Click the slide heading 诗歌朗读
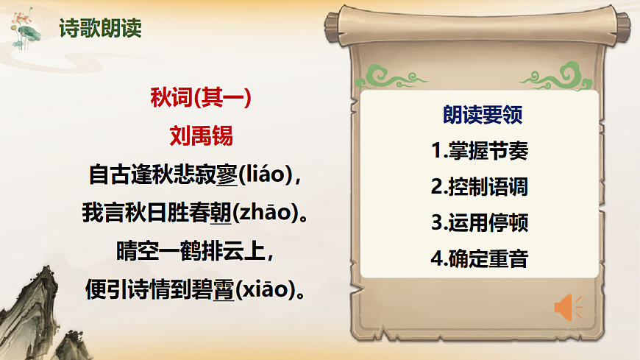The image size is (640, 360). pos(100,29)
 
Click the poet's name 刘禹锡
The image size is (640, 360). pos(201,136)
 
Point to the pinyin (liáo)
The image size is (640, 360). pos(266,176)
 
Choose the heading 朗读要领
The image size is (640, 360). pos(483,115)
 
